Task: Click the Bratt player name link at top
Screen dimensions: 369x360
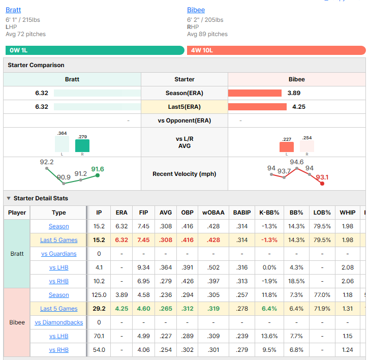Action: [13, 10]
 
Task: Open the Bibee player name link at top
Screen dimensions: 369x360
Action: [196, 10]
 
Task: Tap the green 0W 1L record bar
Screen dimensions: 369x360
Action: [95, 50]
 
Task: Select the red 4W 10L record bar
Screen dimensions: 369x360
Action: [276, 50]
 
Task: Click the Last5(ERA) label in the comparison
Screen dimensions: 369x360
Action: [184, 107]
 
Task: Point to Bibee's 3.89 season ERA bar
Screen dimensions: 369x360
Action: [255, 93]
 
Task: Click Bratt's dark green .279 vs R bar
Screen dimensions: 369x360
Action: [82, 145]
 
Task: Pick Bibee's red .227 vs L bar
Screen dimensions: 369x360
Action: [286, 147]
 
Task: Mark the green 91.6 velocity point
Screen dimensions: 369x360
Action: [98, 175]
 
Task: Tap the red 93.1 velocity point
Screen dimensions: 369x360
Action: [322, 184]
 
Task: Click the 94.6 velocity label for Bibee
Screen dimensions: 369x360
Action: [296, 162]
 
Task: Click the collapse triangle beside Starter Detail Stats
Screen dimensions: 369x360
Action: [9, 198]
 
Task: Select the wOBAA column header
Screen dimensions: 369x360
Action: [213, 213]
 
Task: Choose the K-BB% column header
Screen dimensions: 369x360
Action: [269, 213]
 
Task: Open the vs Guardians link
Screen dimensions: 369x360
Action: [59, 254]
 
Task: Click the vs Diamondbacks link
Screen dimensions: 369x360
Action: [59, 322]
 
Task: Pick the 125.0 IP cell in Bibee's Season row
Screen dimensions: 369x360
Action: [99, 295]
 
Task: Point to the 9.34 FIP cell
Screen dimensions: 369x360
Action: [143, 267]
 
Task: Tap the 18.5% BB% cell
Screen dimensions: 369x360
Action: [296, 281]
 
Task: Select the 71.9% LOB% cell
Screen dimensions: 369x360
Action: [322, 309]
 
